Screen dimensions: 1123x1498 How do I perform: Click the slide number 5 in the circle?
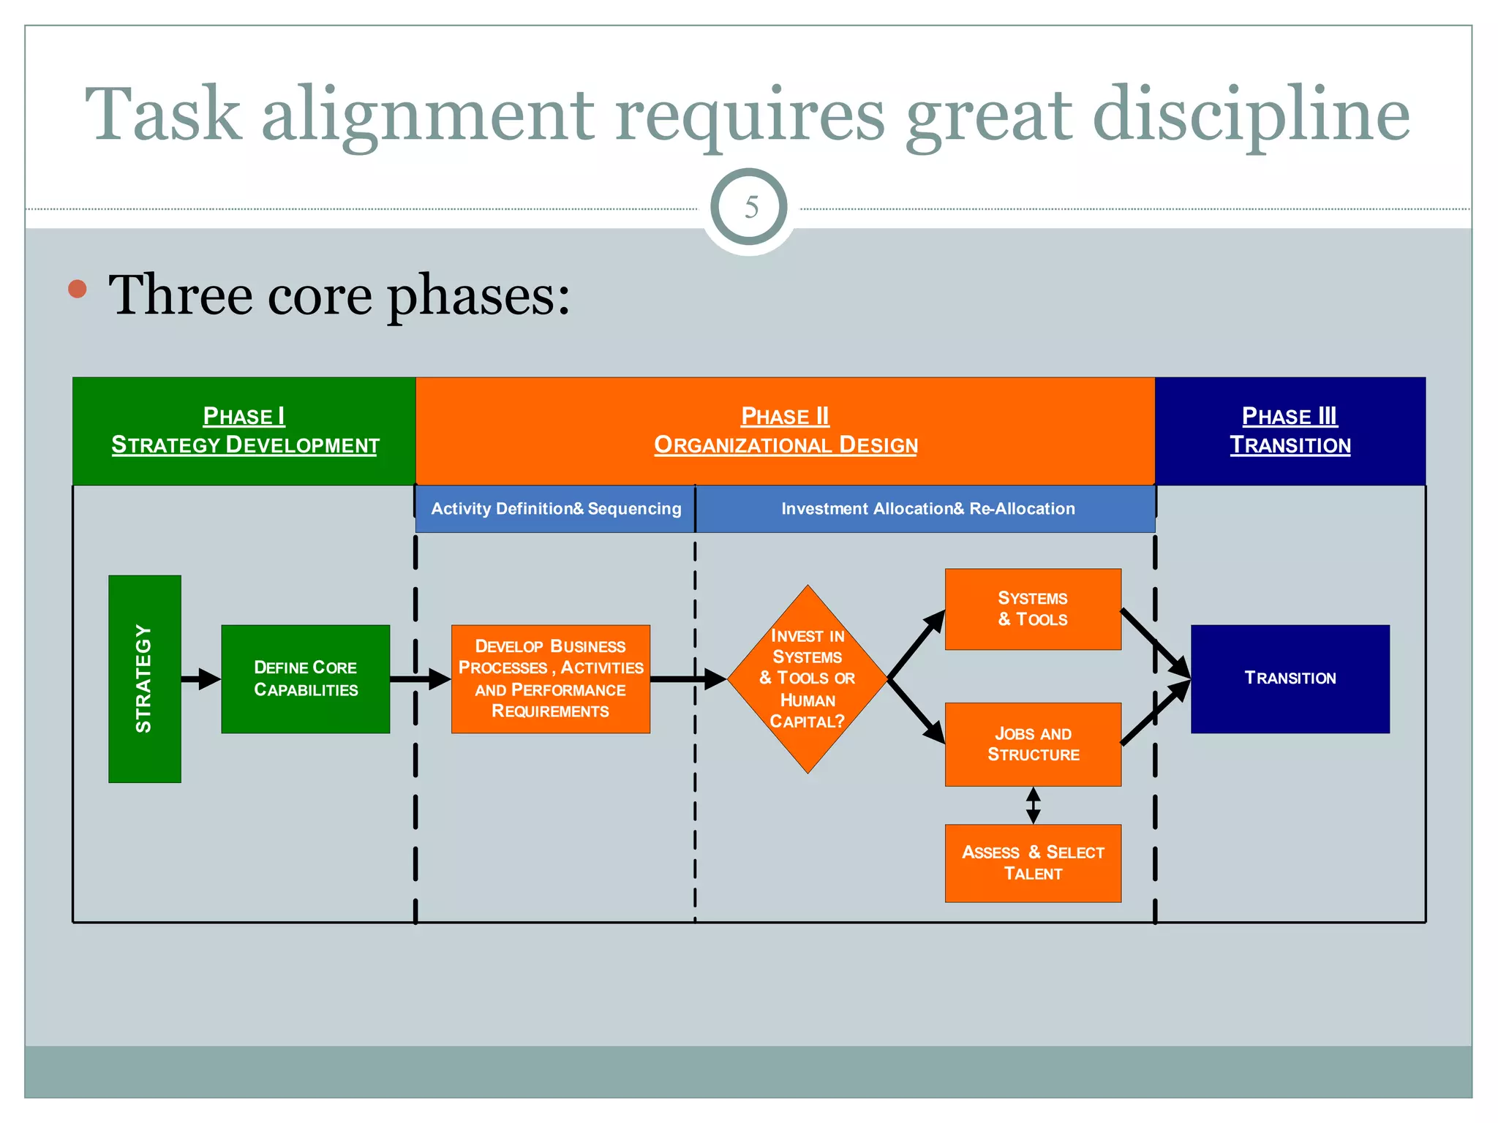tap(750, 208)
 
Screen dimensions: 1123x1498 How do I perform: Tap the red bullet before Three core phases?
tap(78, 289)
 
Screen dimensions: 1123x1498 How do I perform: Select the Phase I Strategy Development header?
tap(244, 431)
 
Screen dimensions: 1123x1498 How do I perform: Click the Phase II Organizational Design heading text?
tap(785, 431)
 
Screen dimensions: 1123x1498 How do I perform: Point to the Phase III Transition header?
tap(1290, 431)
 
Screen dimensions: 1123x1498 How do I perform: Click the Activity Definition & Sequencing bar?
tap(555, 509)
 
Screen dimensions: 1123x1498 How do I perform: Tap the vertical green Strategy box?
tap(145, 678)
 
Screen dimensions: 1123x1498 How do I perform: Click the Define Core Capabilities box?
tap(305, 678)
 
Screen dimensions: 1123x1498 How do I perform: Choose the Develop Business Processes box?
tap(550, 678)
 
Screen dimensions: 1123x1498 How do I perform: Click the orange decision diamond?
tap(807, 678)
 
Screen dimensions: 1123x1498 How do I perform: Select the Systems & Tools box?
tap(1032, 609)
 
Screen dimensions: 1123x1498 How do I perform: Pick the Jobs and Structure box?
tap(1032, 744)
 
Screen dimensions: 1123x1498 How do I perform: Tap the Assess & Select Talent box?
tap(1032, 863)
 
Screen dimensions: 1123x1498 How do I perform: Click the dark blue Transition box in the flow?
tap(1290, 678)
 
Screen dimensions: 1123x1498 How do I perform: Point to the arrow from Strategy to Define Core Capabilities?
tap(200, 679)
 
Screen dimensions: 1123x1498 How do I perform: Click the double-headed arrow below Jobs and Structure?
tap(1033, 806)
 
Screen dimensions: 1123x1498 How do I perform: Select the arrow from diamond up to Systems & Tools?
tap(915, 645)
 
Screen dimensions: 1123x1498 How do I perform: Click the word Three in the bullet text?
tap(180, 295)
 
